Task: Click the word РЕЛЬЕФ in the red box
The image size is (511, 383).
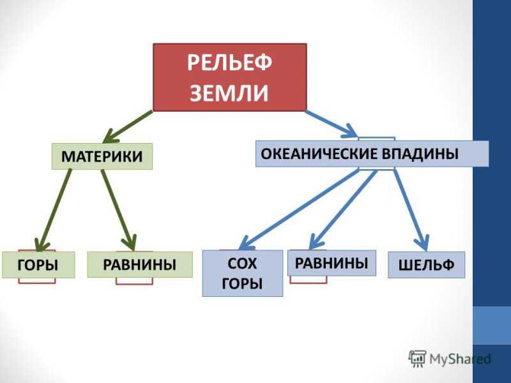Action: [x=229, y=63]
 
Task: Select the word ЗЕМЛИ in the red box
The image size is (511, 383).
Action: [x=229, y=93]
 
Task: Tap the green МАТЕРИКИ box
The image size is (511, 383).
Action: [x=102, y=156]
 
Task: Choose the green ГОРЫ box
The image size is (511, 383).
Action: [x=38, y=265]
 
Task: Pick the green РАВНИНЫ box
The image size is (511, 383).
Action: [x=140, y=264]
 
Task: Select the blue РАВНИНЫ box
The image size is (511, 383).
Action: [x=332, y=263]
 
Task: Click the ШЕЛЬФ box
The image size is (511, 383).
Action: [x=426, y=265]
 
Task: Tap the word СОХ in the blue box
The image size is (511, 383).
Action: [x=242, y=264]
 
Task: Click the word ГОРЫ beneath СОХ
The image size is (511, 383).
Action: [x=242, y=283]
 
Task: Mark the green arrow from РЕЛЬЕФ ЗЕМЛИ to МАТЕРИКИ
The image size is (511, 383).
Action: [x=127, y=126]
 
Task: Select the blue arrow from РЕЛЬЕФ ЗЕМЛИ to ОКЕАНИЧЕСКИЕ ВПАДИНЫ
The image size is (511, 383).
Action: [x=332, y=124]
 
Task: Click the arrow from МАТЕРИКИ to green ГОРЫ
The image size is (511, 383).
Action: [x=54, y=211]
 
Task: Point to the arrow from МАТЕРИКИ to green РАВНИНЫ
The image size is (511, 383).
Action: [x=119, y=211]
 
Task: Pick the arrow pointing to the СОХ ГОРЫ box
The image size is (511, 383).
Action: [x=298, y=209]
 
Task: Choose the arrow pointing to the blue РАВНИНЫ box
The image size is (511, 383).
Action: [x=343, y=209]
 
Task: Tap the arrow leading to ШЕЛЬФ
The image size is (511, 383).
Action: [x=411, y=210]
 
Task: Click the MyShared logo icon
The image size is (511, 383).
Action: [x=417, y=359]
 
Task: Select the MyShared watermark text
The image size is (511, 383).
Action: [x=460, y=359]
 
